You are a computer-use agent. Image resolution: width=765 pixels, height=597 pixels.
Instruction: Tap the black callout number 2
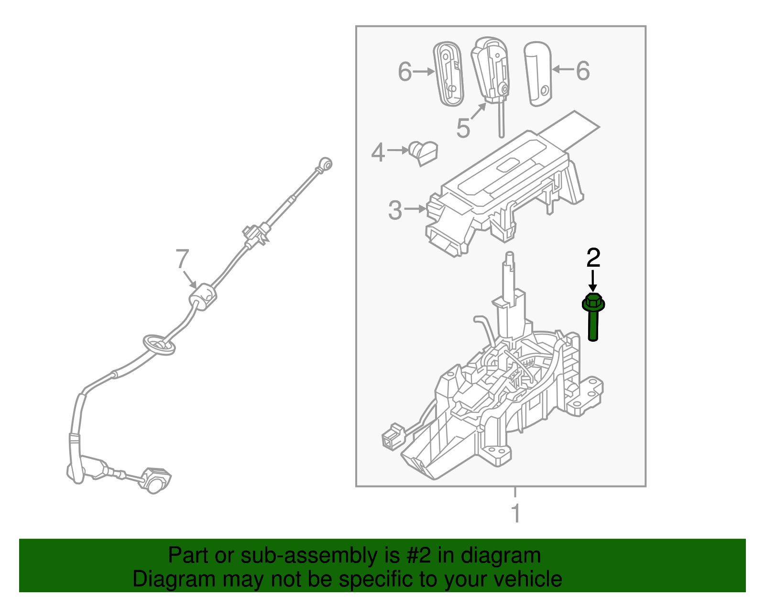tap(593, 258)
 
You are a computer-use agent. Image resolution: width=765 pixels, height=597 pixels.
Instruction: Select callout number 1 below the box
tap(515, 513)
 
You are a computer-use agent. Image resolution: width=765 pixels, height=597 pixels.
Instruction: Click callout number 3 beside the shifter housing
tap(395, 210)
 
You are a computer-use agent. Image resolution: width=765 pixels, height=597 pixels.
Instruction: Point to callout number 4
tap(378, 152)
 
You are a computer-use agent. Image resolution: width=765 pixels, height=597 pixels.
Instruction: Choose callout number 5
tap(463, 128)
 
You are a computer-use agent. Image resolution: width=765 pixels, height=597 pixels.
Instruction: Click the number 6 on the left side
tap(404, 72)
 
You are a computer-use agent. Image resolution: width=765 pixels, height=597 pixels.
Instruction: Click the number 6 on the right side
tap(582, 71)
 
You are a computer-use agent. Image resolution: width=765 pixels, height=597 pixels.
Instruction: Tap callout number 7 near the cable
tap(182, 259)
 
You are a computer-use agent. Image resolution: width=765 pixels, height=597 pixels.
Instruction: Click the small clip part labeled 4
tap(424, 152)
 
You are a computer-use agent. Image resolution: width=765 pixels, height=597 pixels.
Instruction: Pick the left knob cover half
tap(448, 74)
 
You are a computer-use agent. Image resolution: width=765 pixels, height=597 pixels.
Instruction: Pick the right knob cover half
tap(538, 73)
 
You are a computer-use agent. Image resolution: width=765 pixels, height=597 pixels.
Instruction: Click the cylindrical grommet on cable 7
tap(204, 296)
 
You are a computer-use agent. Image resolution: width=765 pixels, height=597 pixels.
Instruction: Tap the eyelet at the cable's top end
tap(326, 164)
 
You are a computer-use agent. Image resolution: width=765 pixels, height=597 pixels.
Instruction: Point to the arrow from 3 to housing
tap(415, 209)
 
